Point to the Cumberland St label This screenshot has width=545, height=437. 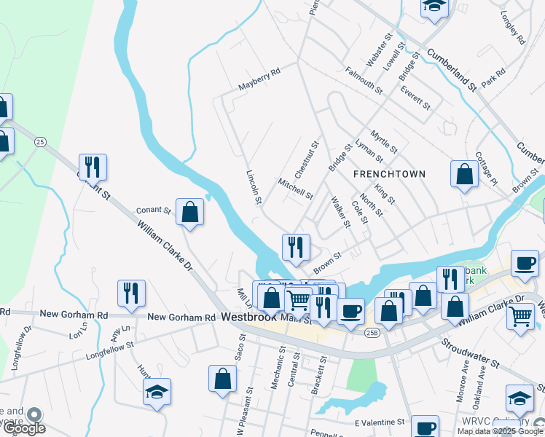[x=452, y=70]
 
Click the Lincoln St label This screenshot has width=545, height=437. [x=254, y=188]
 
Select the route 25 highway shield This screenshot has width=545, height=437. [x=40, y=141]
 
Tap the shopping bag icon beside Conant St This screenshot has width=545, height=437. [x=189, y=212]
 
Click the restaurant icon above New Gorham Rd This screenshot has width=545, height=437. [x=131, y=293]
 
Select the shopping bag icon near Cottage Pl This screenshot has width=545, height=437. [x=464, y=175]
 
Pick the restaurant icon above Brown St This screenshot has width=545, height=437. [x=296, y=247]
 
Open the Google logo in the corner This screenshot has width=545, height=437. [x=23, y=428]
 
